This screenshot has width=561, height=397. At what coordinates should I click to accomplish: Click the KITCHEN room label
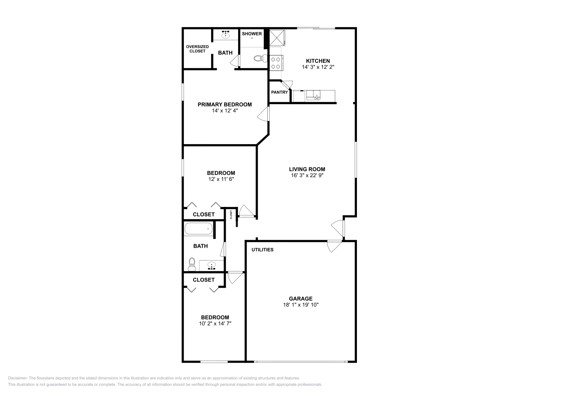[x=318, y=61]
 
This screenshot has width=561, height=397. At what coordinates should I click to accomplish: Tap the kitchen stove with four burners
[x=276, y=63]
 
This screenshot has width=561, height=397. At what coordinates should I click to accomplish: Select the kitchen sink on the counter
[x=313, y=95]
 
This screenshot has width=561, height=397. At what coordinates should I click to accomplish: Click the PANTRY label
[x=279, y=92]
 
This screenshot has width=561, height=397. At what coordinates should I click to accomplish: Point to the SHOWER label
[x=252, y=34]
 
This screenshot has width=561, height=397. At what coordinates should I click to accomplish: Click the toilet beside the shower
[x=259, y=58]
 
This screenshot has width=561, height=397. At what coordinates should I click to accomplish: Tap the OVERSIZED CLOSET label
[x=197, y=49]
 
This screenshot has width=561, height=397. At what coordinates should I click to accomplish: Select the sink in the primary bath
[x=225, y=35]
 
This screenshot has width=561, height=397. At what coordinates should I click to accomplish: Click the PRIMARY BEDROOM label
[x=225, y=104]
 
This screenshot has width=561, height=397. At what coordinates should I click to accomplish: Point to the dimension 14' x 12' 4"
[x=225, y=110]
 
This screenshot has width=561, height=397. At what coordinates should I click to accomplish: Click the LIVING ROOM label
[x=307, y=169]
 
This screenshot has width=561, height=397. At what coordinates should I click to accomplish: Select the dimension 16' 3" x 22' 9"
[x=307, y=175]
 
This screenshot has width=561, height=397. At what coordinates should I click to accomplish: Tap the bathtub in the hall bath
[x=198, y=229]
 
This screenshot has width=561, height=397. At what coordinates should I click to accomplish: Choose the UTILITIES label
[x=262, y=250]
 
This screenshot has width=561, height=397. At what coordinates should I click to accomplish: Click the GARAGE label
[x=300, y=298]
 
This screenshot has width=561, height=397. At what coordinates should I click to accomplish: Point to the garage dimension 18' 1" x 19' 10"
[x=300, y=305]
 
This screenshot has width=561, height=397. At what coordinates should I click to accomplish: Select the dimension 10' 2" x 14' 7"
[x=215, y=324]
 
